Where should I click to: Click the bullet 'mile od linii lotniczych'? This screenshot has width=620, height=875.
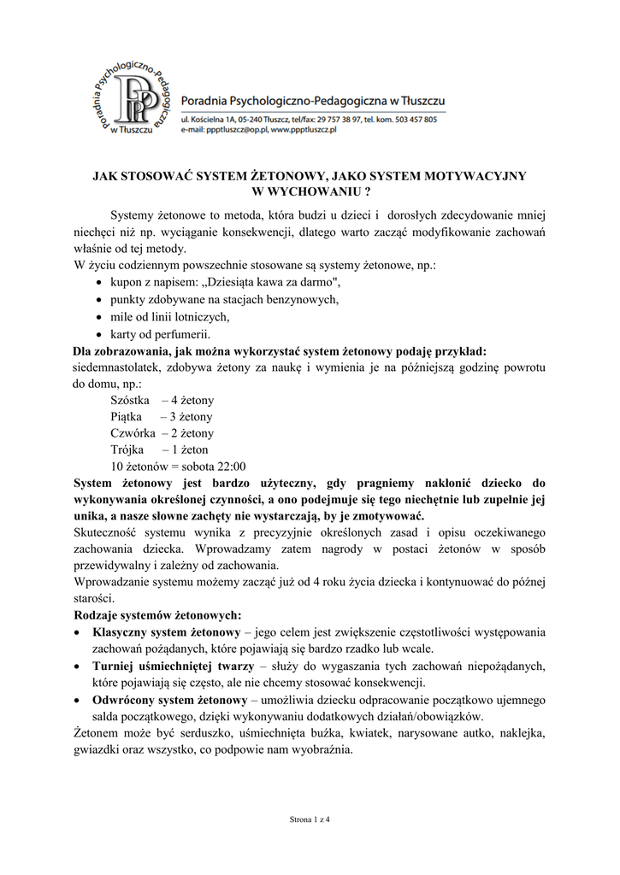[x=170, y=316]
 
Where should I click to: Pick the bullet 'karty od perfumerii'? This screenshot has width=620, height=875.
[x=160, y=333]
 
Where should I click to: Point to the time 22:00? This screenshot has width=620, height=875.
[x=229, y=467]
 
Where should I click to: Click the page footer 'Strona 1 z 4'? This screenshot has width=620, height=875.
[x=310, y=819]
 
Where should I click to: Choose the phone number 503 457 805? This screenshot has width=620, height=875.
[x=414, y=120]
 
